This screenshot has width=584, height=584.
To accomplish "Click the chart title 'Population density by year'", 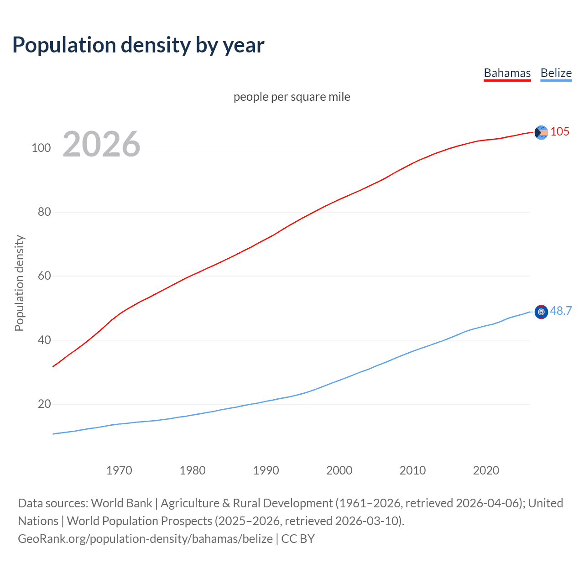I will point(138,45).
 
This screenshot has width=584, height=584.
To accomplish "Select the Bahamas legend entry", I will point(507,73).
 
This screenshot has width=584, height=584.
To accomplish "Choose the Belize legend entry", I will point(556,73).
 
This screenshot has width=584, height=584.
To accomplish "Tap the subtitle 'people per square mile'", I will point(292,97).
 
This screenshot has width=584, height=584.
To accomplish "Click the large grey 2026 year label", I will point(101,144).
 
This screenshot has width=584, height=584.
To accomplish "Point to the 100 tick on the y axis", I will point(41,148).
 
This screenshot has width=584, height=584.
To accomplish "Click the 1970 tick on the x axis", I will point(119,470).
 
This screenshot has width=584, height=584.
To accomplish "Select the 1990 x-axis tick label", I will point(266,470).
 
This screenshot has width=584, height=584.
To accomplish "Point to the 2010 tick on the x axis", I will point(412,470).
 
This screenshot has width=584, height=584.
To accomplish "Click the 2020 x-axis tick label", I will point(486,470).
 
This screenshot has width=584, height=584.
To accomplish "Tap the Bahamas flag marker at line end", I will point(541,132).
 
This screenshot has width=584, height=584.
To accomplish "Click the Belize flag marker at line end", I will point(541,312).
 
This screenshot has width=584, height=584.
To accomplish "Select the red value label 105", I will point(560,131).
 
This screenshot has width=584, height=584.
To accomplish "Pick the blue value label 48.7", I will point(561,311).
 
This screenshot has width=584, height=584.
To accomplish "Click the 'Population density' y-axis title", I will point(19,283).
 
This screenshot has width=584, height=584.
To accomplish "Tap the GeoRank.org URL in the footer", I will point(145,539).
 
